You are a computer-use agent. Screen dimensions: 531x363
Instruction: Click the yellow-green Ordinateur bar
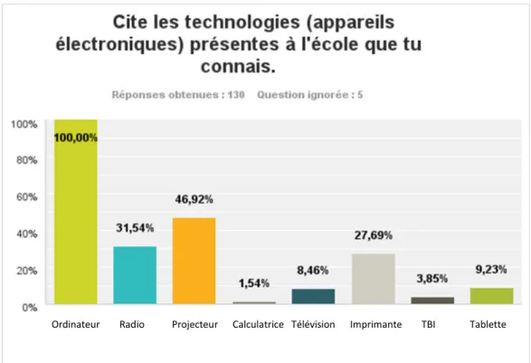(x=76, y=212)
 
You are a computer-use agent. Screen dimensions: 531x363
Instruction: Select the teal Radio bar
(x=135, y=275)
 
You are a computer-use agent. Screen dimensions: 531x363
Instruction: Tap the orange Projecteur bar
(x=194, y=261)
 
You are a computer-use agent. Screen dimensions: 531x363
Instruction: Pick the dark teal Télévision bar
(x=313, y=296)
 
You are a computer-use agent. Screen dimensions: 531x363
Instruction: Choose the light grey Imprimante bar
(x=374, y=279)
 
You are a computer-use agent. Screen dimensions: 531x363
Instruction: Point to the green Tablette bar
(x=492, y=296)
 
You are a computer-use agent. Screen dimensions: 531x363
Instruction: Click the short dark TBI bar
(x=432, y=301)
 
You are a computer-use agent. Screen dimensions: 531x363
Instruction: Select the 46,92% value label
(x=194, y=200)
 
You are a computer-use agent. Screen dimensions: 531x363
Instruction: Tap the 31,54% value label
(x=135, y=228)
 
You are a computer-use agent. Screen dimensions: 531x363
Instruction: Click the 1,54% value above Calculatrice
(x=254, y=283)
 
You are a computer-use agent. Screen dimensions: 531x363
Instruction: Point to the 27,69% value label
(x=374, y=235)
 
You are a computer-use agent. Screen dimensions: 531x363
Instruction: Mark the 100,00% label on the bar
(x=76, y=138)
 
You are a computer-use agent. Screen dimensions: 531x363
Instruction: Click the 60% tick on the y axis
(x=27, y=197)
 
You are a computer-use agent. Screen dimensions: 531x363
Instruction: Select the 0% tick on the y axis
(x=30, y=308)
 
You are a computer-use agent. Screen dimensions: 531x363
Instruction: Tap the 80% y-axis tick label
(x=27, y=160)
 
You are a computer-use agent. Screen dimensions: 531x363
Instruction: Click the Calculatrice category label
(x=258, y=324)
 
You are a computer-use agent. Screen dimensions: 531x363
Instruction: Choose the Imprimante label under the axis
(x=376, y=325)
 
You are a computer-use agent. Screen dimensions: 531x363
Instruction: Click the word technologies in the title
(x=242, y=23)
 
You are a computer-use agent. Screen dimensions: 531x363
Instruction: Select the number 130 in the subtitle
(x=236, y=95)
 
